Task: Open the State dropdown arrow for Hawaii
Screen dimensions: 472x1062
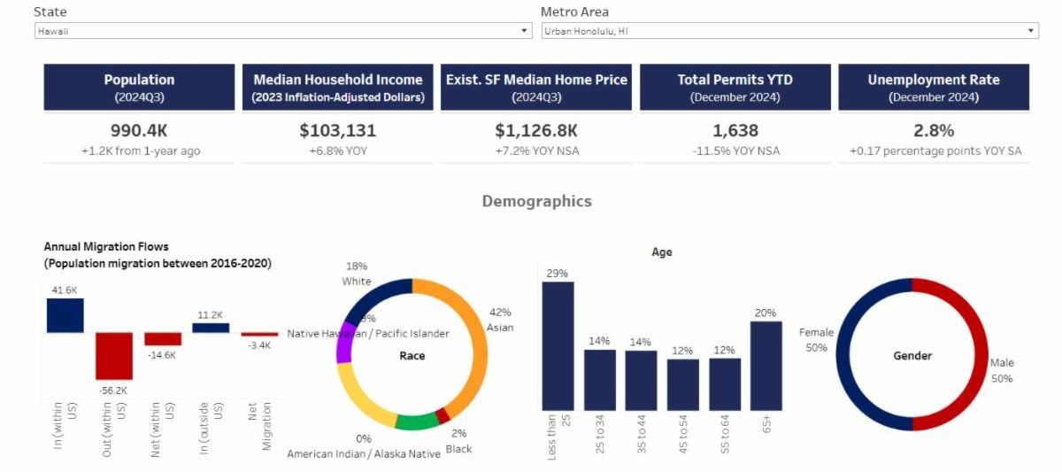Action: click(x=524, y=31)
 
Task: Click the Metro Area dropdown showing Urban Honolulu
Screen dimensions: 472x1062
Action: click(x=789, y=31)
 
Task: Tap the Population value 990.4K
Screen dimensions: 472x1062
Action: click(x=139, y=131)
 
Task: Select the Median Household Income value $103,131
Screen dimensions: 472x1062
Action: click(x=337, y=131)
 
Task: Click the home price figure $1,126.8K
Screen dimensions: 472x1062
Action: click(x=535, y=131)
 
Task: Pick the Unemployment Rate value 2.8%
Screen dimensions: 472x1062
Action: click(x=933, y=131)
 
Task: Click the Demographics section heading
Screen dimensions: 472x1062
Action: click(x=536, y=201)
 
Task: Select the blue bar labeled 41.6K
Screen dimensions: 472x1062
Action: click(x=65, y=315)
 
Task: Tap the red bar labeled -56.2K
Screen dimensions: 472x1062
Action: click(x=114, y=355)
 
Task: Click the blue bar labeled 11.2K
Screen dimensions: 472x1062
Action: click(x=211, y=328)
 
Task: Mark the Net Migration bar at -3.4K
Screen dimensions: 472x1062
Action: click(x=259, y=335)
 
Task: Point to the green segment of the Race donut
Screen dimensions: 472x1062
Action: click(x=415, y=422)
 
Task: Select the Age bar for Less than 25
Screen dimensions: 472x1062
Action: click(x=558, y=345)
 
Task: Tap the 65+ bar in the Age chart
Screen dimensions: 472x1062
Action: click(x=766, y=365)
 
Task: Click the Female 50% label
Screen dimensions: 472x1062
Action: click(x=815, y=340)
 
